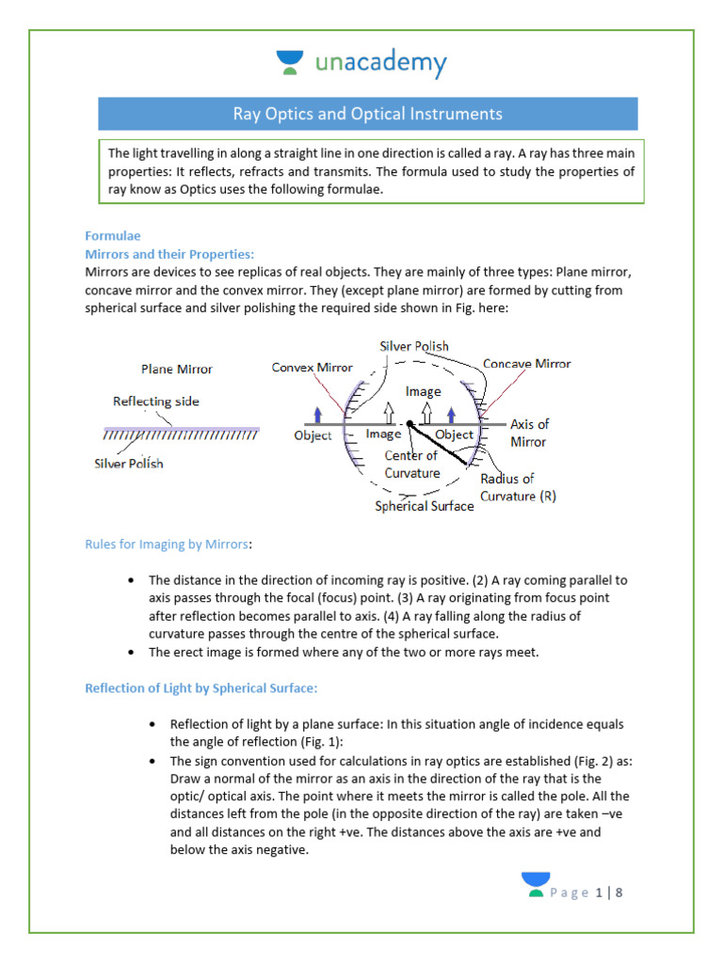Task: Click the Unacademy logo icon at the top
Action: [291, 63]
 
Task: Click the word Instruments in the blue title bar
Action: [457, 114]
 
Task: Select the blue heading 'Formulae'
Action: [112, 236]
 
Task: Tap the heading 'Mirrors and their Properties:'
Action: [169, 254]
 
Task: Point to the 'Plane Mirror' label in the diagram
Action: [177, 370]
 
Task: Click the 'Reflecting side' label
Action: [156, 401]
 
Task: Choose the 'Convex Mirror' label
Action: [313, 368]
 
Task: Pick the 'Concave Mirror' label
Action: [526, 364]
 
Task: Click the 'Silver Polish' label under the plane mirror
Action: [129, 463]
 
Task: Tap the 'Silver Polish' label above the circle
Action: [414, 346]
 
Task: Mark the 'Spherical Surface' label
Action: [425, 506]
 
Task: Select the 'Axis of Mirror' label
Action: [529, 433]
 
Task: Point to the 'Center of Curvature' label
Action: [411, 464]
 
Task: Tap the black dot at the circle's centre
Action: [410, 425]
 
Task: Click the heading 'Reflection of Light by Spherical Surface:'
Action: [201, 688]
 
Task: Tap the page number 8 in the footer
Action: [619, 892]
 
